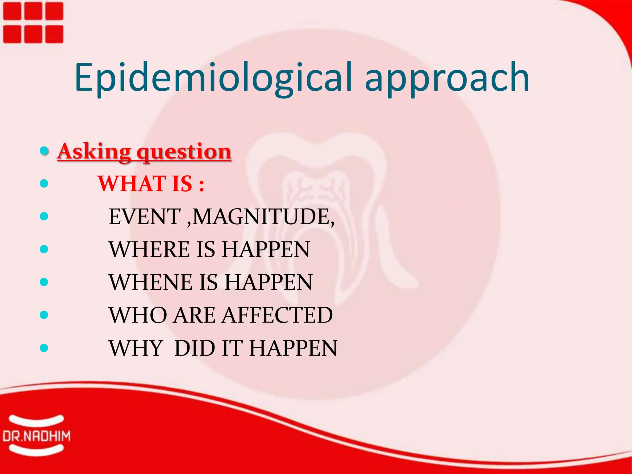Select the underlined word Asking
click(x=94, y=152)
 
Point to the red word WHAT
click(x=132, y=184)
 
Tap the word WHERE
click(x=149, y=249)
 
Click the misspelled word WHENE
click(x=151, y=282)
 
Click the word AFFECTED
click(x=277, y=315)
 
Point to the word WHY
click(x=136, y=348)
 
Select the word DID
click(x=194, y=348)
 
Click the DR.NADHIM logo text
click(x=36, y=436)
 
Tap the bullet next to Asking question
click(x=44, y=151)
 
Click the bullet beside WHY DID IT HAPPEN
click(x=44, y=348)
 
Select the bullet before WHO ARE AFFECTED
click(x=44, y=315)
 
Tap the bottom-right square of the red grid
click(x=54, y=34)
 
